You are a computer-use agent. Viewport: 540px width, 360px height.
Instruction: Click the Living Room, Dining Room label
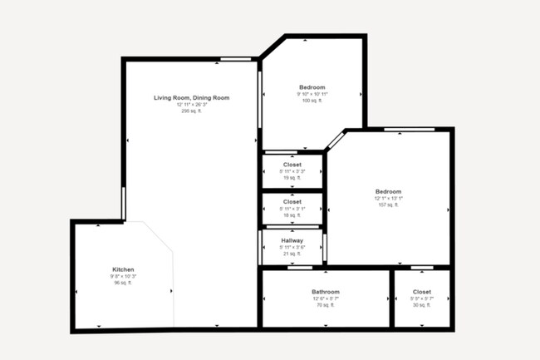pos(191,98)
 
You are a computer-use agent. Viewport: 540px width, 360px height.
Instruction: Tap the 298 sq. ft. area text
pos(191,111)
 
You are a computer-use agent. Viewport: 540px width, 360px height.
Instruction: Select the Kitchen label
pos(123,270)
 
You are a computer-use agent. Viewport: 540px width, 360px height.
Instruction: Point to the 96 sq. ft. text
pos(123,283)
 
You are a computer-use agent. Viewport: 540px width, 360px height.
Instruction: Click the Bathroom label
pos(325,292)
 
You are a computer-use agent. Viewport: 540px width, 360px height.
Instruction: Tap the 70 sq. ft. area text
pos(325,305)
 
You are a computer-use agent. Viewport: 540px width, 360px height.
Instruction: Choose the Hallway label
pos(292,240)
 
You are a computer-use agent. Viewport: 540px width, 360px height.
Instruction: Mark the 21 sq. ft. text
pos(292,254)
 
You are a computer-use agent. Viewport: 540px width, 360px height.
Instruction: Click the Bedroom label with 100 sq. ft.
pos(312,87)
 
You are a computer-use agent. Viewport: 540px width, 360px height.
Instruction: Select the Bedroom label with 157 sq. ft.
pos(388,191)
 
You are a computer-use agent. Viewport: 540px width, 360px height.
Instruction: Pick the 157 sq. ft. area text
pos(388,205)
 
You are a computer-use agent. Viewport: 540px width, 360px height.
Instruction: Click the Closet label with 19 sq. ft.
pos(292,165)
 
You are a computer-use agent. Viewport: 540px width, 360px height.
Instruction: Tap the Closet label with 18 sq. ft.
pos(292,201)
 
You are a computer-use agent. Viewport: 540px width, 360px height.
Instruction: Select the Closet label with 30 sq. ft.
pos(422,292)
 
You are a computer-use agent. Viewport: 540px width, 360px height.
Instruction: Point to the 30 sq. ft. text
pos(422,305)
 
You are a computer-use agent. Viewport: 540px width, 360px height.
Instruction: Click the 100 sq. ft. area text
pos(312,101)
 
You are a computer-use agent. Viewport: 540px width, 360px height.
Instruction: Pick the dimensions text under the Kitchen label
pos(123,277)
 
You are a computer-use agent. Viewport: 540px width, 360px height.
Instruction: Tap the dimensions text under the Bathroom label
pos(325,298)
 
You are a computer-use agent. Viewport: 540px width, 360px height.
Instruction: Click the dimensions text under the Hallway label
pos(292,247)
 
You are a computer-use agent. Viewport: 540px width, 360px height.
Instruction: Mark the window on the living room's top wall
pos(236,59)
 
